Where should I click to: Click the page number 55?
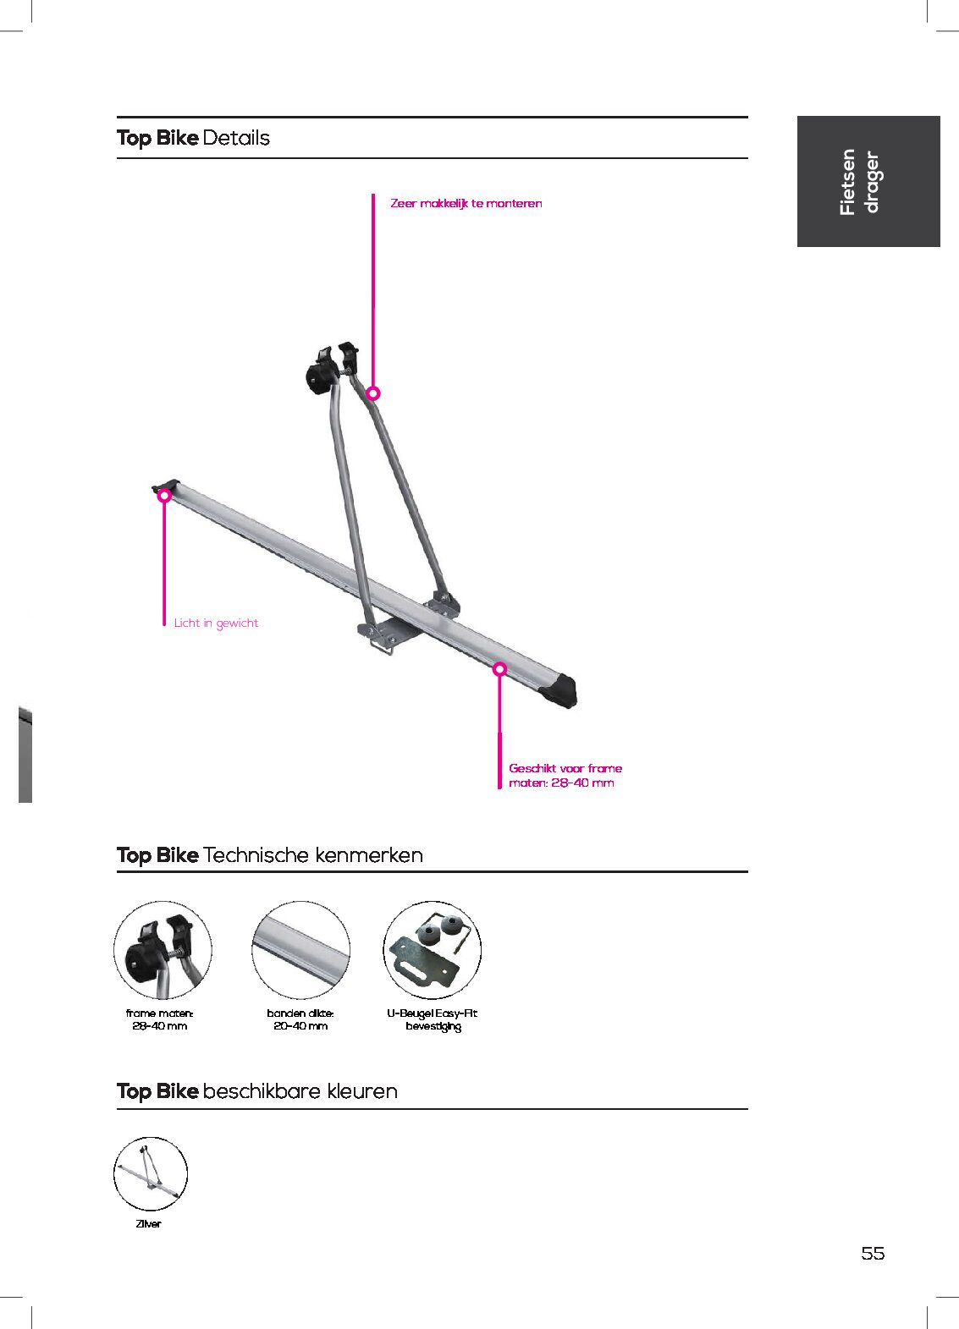point(873,1254)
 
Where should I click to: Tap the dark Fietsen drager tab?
point(868,182)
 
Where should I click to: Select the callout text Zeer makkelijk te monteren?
point(466,204)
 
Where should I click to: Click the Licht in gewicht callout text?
point(216,623)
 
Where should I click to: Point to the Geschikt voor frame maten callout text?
point(565,776)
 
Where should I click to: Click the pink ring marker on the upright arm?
point(373,393)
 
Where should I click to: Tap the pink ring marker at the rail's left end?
point(164,496)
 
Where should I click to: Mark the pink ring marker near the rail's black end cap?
point(500,669)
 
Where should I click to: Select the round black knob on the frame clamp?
point(319,376)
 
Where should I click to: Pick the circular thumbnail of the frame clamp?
point(163,950)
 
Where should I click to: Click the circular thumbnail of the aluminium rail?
point(300,950)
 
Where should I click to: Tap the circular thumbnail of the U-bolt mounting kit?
point(433,950)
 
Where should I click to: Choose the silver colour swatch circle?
point(150,1173)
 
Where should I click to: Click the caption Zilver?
point(148,1223)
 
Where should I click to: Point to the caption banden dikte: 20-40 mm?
point(300,1019)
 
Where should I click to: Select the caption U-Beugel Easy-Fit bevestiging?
point(433,1020)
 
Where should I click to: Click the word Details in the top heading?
point(236,138)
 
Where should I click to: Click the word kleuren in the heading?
point(362,1091)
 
